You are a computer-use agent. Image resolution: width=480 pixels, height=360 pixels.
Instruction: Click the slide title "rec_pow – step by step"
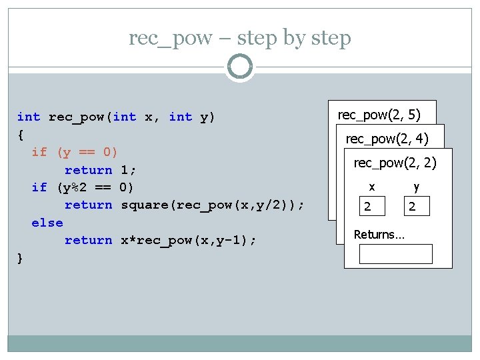tap(239, 38)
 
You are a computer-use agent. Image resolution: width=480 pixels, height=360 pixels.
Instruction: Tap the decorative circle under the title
tap(239, 67)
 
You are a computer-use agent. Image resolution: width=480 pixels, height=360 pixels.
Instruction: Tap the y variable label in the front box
tap(416, 188)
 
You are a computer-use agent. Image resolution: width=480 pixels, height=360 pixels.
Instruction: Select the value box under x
tap(372, 207)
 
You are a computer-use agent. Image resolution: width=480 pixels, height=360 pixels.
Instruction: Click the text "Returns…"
tap(377, 234)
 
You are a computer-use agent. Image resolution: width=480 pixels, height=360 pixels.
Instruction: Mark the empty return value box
tap(395, 254)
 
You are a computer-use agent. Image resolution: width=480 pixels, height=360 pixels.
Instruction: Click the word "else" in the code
tap(47, 223)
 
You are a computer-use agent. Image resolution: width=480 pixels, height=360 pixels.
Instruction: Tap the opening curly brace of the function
tap(21, 135)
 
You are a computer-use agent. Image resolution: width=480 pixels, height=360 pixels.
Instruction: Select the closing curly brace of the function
tap(21, 258)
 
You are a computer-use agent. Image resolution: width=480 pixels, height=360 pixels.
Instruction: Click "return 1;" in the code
tap(99, 170)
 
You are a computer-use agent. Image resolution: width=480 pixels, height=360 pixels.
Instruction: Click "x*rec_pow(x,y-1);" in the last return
tap(185, 240)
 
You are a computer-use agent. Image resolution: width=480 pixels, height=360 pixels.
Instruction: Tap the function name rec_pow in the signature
tap(77, 117)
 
